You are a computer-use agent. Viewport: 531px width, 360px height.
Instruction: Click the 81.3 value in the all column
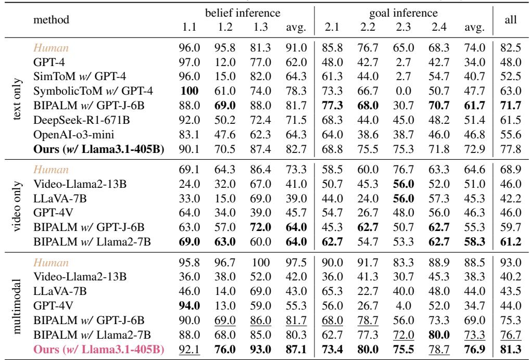[513, 347]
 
